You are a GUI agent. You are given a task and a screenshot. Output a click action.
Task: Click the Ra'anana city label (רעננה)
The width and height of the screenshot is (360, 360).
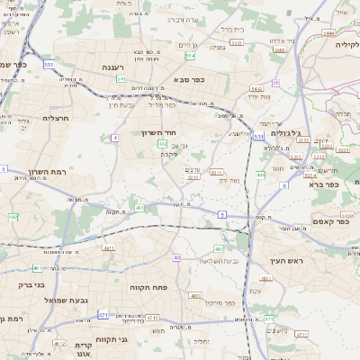112,67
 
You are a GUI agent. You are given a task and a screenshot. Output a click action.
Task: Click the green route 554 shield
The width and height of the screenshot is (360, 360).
191,56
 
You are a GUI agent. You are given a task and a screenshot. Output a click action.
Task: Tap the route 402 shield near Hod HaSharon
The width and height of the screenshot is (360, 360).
163,143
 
